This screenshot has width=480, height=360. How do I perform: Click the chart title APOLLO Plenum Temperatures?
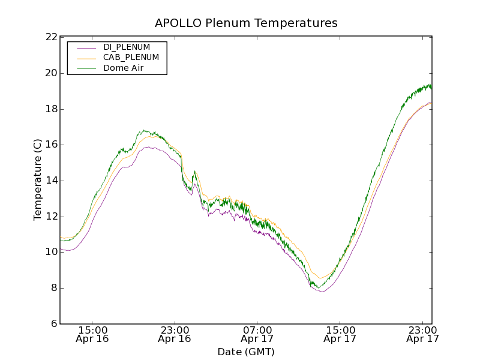[x=246, y=23]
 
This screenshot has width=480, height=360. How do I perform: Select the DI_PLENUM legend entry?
[x=126, y=47]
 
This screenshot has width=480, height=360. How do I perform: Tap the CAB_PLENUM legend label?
[x=131, y=58]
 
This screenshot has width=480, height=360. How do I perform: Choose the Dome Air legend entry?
[x=123, y=68]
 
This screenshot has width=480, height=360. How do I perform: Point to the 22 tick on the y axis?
[x=51, y=38]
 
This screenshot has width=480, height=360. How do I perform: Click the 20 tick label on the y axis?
[x=51, y=73]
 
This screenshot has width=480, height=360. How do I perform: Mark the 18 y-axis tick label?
[x=51, y=109]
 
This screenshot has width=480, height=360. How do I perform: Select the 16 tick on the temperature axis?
[x=51, y=145]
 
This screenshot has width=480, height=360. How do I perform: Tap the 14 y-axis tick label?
[x=51, y=181]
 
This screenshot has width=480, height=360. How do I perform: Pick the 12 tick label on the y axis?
[x=51, y=217]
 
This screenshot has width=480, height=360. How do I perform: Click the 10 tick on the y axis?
[x=51, y=252]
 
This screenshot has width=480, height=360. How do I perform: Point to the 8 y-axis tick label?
[x=54, y=288]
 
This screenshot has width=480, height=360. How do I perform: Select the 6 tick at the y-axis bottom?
[x=54, y=324]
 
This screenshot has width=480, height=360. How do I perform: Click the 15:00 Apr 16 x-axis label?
[x=93, y=334]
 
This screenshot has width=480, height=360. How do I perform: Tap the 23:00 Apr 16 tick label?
[x=175, y=334]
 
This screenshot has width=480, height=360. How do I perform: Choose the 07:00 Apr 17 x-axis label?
[x=257, y=334]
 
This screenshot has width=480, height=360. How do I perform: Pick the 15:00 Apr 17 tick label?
[x=340, y=334]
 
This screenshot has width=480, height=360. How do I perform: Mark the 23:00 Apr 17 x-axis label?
[x=422, y=334]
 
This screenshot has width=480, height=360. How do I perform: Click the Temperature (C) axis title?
[x=38, y=180]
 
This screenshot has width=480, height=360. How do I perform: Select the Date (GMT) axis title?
[x=246, y=352]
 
